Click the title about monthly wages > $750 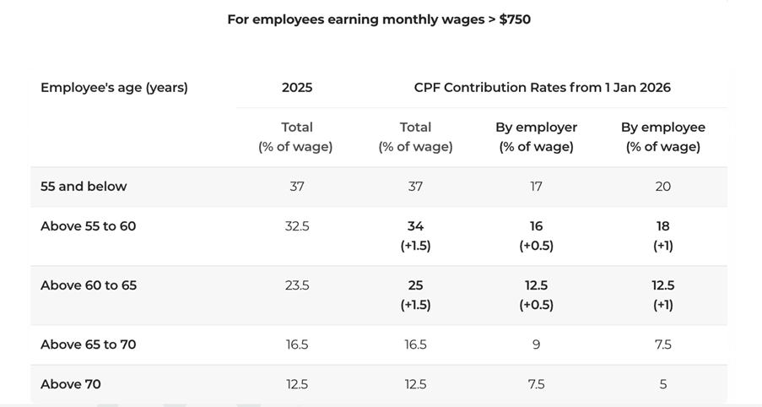379,19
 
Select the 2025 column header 296,88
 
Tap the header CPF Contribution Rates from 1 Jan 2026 542,88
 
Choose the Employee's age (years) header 114,88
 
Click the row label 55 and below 84,187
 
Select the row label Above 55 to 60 88,226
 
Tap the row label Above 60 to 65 88,285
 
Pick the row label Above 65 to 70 88,345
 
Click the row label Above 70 70,384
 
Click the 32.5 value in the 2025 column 296,226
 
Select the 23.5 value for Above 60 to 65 296,285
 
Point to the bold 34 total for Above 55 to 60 415,226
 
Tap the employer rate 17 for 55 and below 536,187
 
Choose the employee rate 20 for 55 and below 662,187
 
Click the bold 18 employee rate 662,226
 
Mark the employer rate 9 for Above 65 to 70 536,345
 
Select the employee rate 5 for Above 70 662,384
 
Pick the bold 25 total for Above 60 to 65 415,285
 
